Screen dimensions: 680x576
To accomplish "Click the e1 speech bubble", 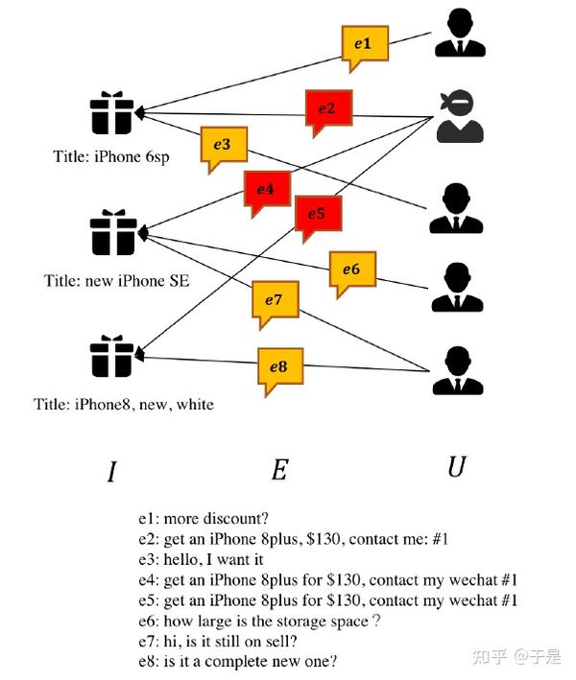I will pos(364,45).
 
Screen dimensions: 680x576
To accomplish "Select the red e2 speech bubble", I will pos(327,107).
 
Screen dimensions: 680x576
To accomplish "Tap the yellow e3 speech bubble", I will pos(223,146).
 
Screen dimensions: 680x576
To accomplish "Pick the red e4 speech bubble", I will pos(267,189).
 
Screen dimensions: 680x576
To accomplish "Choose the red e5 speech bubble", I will pos(317,213).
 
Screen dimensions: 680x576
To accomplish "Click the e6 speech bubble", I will pos(351,270).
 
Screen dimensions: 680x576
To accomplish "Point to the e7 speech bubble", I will pos(274,301).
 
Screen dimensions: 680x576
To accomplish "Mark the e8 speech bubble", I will pos(279,367).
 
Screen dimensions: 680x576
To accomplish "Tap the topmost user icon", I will pos(457,33).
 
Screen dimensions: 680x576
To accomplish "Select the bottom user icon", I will pos(457,369).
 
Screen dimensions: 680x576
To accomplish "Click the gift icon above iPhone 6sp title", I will pos(112,113).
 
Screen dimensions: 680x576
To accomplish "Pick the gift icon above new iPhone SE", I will pos(112,233).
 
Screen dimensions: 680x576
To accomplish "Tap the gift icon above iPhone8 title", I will pos(112,356).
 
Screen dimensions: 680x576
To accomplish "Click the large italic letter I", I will pos(112,471).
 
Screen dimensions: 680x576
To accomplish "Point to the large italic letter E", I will pos(279,470).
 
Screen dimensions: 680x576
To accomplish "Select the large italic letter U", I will pos(457,467).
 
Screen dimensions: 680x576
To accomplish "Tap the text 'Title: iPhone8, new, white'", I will pos(124,405).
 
